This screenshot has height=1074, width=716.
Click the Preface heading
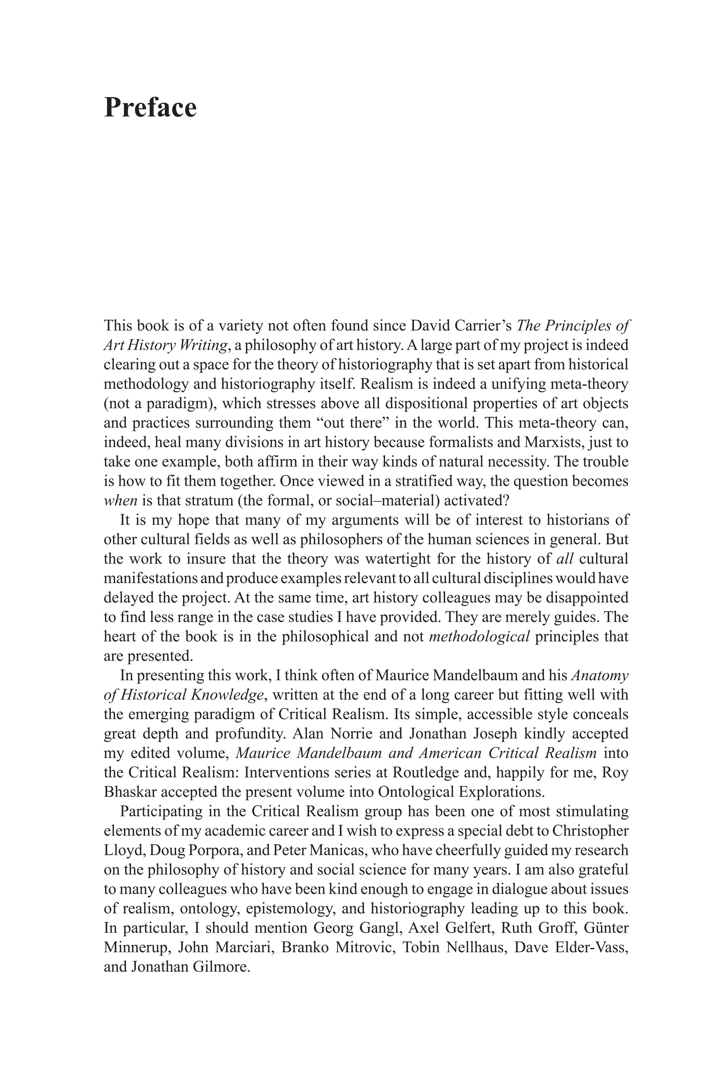click(x=150, y=108)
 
